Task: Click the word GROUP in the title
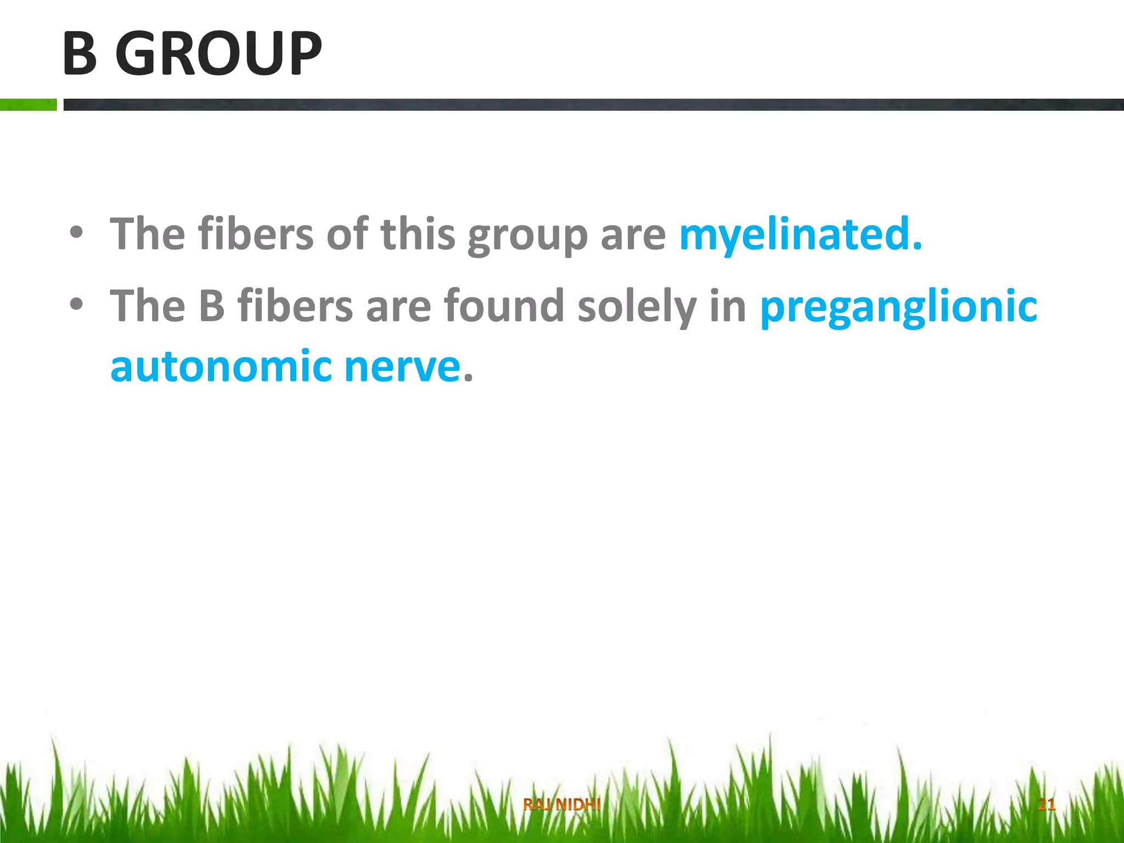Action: point(218,53)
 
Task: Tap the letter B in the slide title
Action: point(80,53)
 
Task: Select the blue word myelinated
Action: point(800,234)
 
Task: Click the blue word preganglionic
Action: point(898,306)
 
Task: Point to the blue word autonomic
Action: point(221,367)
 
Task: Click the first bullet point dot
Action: point(76,233)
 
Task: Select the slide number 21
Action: point(1046,805)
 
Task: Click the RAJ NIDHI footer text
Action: point(561,805)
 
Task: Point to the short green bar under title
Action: point(28,104)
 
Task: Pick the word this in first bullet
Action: point(418,234)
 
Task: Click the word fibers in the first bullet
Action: point(256,234)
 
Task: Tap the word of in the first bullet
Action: point(347,234)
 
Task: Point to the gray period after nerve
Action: point(468,378)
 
